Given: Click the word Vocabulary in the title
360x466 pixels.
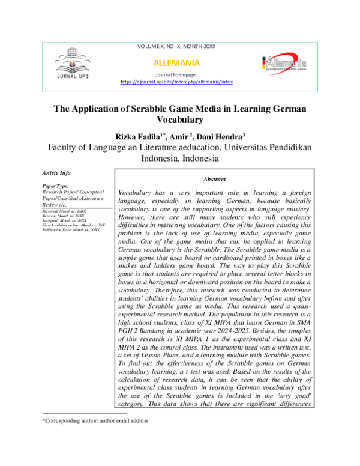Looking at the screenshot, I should click(x=180, y=120).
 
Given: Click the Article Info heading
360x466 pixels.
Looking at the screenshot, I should click(x=56, y=173).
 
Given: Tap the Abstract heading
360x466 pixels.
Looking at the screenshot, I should click(x=214, y=179).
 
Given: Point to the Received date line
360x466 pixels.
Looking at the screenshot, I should click(x=64, y=212).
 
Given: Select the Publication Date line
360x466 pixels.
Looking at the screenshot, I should click(x=70, y=230).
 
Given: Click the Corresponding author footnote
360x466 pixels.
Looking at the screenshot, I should click(x=94, y=421).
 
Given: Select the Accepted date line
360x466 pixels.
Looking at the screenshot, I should click(x=64, y=221).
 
